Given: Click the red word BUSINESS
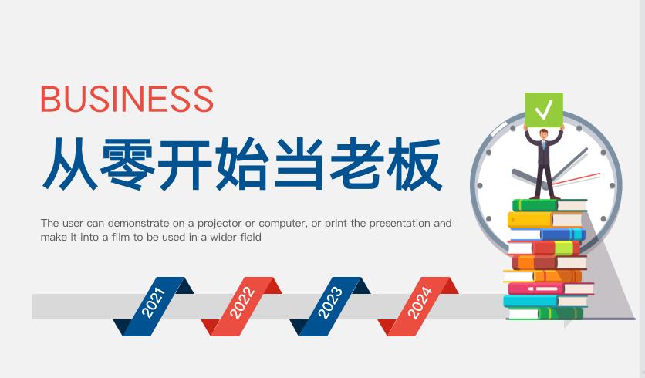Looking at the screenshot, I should pos(127,99).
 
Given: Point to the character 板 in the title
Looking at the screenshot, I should pos(414,164).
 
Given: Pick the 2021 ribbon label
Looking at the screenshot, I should pos(154,302).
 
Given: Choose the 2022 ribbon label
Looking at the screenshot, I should pos(242,302).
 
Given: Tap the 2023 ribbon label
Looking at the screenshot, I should pos(330,302).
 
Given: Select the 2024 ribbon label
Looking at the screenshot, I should pos(419,302).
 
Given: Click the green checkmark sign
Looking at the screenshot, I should pos(544,110).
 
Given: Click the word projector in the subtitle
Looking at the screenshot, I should pos(220,224).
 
